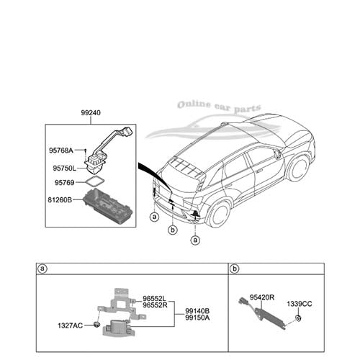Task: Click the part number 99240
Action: point(91,112)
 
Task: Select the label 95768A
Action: point(61,150)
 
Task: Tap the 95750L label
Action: point(64,168)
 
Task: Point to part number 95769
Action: point(64,183)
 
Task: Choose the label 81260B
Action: point(60,199)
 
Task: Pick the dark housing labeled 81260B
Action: point(107,206)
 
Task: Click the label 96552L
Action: point(154,299)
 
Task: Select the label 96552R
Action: point(155,305)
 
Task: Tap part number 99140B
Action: point(197,311)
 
